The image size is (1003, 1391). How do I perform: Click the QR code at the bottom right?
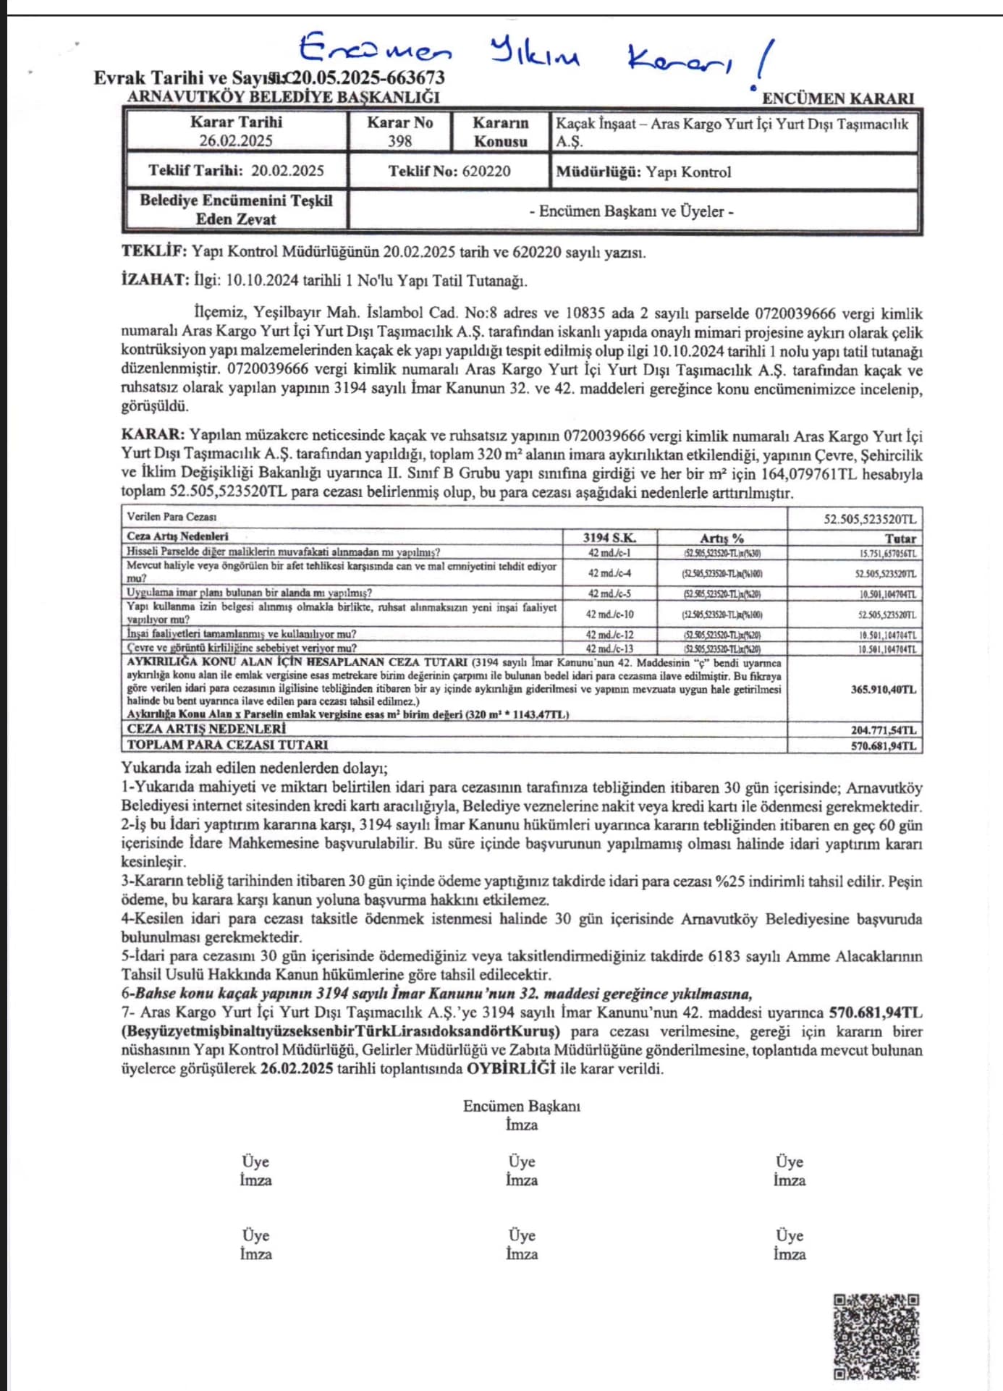876,1337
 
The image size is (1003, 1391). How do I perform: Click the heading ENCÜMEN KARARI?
838,98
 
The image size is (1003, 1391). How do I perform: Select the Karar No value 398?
399,141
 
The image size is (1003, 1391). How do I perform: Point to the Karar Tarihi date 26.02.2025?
236,141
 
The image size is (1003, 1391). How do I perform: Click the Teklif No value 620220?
481,172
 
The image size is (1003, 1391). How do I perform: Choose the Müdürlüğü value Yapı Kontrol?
688,172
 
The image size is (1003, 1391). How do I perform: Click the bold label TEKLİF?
154,252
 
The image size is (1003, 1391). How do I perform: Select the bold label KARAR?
153,435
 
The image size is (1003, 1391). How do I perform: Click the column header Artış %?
721,538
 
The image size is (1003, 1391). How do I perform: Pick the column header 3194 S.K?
609,538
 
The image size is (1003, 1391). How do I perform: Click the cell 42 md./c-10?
609,614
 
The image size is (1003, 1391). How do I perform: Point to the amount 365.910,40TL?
883,690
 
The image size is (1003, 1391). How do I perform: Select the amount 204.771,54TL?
883,730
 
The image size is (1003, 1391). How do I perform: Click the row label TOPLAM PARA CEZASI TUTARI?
227,745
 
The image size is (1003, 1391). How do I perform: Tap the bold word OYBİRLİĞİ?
511,1068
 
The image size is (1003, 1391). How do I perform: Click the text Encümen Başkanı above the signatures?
521,1106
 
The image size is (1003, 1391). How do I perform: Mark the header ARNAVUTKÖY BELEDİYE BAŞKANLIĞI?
283,97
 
